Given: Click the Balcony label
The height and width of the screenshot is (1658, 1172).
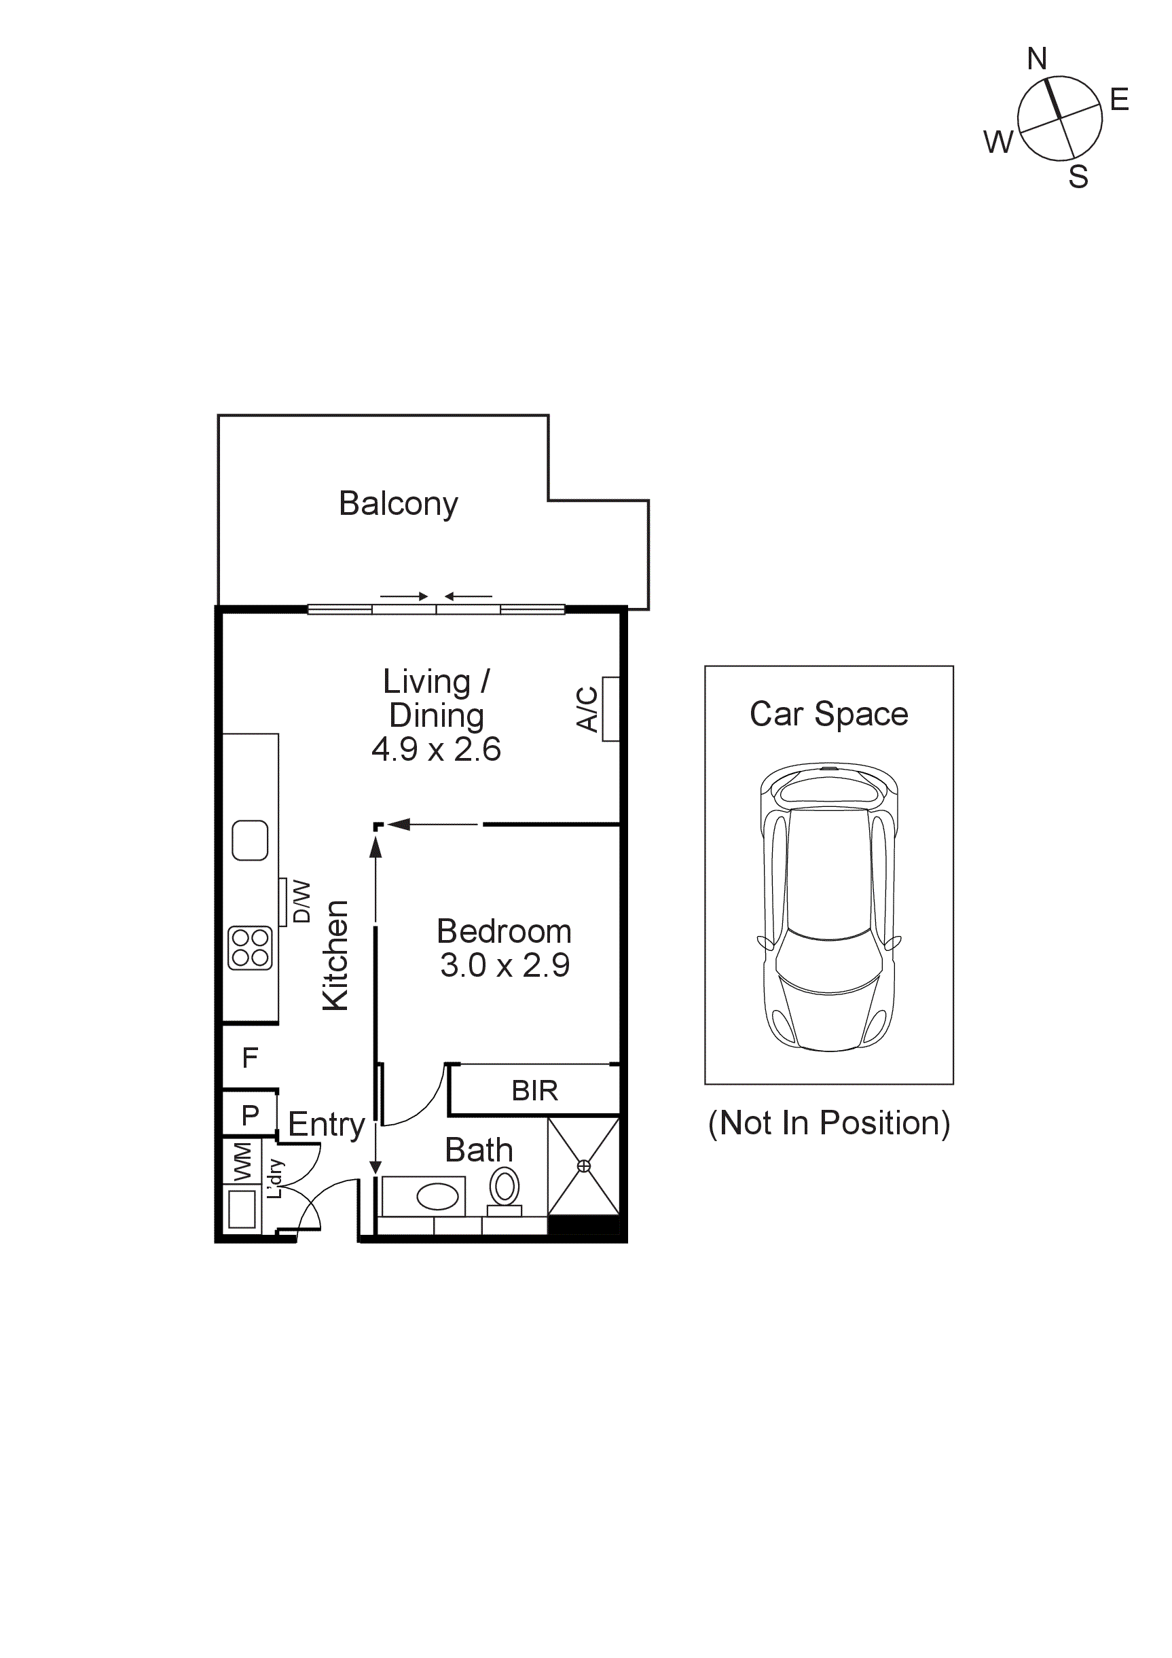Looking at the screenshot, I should click(x=398, y=503).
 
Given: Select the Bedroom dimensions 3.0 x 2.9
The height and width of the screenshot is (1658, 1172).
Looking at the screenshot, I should click(x=505, y=965).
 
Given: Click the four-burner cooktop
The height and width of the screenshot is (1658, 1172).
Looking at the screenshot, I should click(x=250, y=948).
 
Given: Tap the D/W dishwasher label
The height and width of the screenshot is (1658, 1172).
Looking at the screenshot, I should click(x=301, y=901).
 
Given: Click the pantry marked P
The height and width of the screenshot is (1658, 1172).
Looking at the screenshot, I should click(x=250, y=1115).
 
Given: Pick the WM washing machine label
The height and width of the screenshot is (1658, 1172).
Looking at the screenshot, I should click(x=242, y=1162).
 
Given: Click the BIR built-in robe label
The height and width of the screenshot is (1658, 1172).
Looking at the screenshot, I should click(x=534, y=1090).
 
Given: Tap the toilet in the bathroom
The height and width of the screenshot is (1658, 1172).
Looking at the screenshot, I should click(x=505, y=1187).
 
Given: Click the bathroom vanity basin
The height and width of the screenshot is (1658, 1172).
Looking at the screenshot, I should click(x=437, y=1197).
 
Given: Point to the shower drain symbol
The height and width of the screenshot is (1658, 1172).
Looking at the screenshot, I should click(x=583, y=1166).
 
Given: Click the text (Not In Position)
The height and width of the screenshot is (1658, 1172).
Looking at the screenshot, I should click(x=829, y=1123).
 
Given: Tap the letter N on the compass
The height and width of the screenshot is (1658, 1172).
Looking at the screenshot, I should click(x=1037, y=58).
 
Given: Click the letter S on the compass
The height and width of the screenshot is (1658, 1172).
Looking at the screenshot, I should click(x=1078, y=177).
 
